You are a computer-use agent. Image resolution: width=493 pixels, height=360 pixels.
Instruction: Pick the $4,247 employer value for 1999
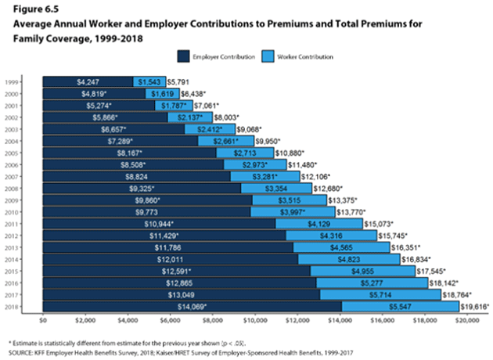tap(88, 81)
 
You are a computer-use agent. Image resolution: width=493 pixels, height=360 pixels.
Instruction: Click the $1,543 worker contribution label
tap(148, 81)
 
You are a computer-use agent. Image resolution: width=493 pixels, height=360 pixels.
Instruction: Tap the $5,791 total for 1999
tap(178, 81)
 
